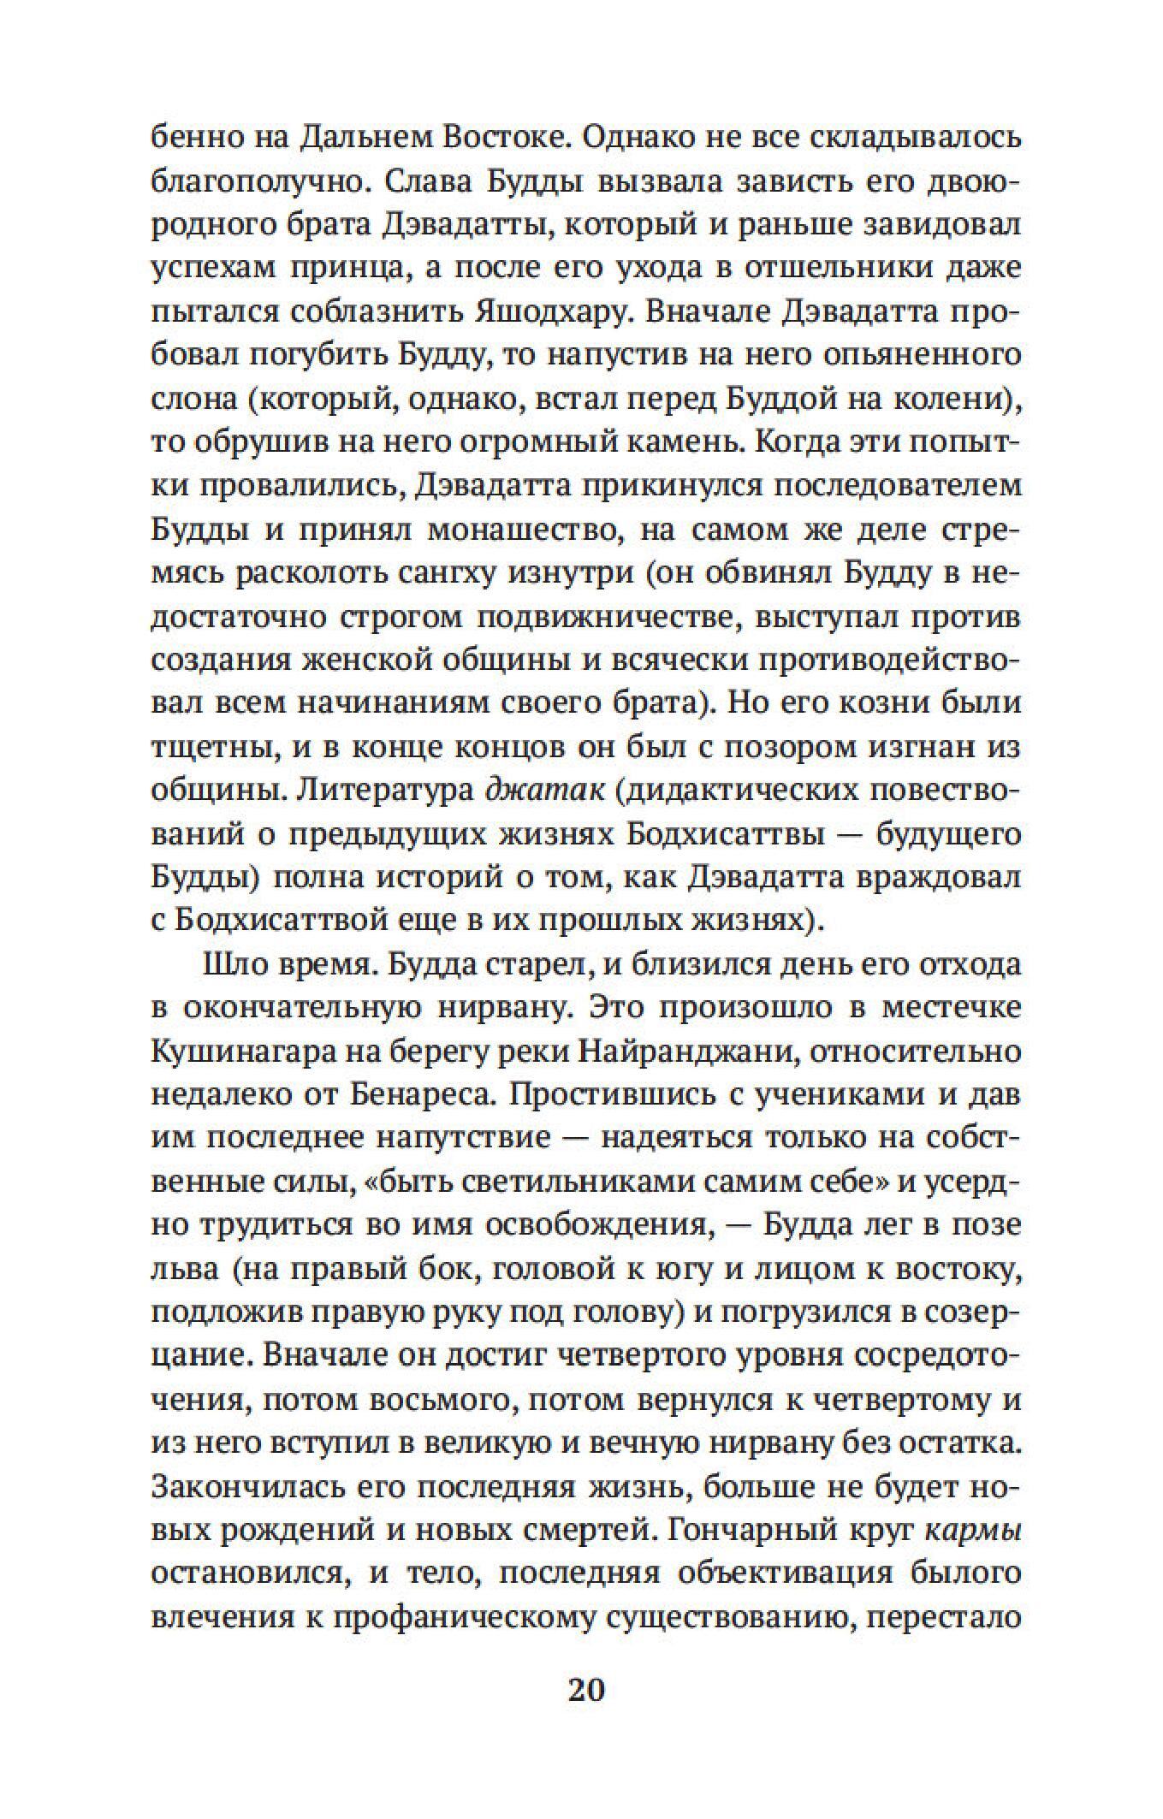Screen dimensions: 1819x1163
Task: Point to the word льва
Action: tap(181, 1268)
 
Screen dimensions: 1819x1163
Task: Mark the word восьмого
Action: tap(440, 1399)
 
